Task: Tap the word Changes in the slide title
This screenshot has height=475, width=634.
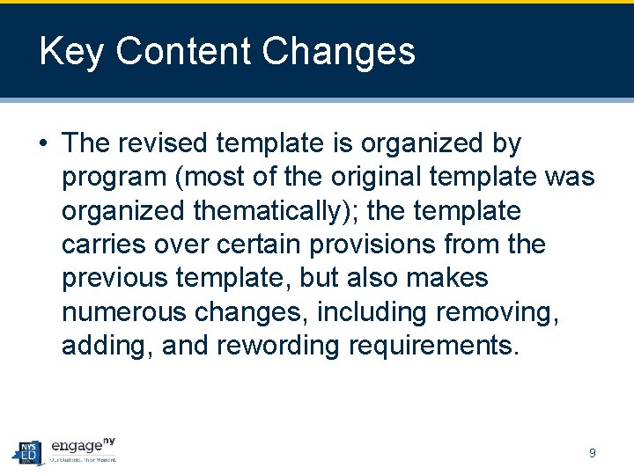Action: pos(339,52)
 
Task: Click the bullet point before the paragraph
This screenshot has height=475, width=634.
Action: pos(43,143)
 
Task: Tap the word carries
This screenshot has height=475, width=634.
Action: pos(98,245)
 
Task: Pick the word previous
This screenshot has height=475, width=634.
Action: pos(114,278)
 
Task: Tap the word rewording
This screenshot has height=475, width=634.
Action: pos(277,346)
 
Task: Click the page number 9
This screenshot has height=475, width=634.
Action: pos(593,453)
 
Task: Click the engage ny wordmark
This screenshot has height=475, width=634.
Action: pos(83,447)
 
